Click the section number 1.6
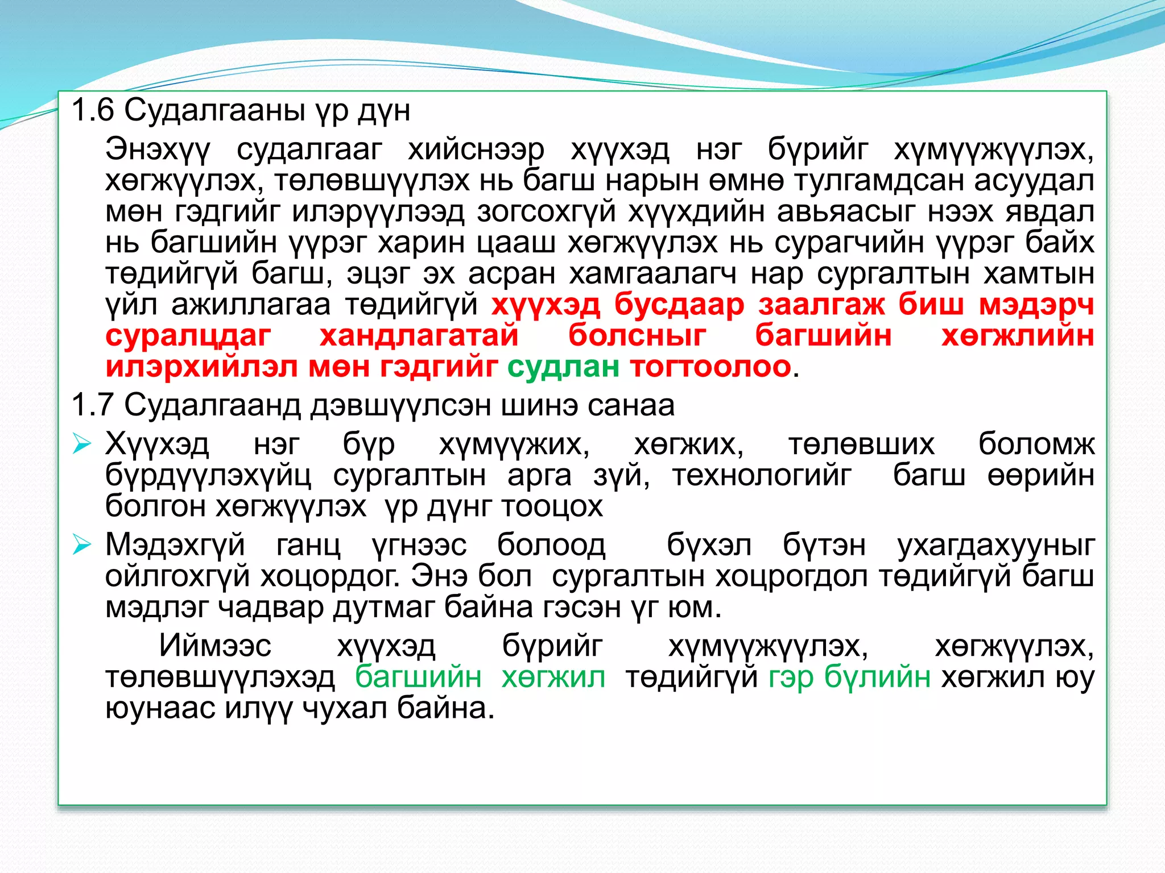(x=93, y=110)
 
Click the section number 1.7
(x=93, y=405)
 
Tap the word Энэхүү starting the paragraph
(x=158, y=150)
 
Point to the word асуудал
(x=1034, y=181)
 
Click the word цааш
(x=516, y=243)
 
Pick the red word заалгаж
(x=821, y=305)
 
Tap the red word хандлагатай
(x=419, y=335)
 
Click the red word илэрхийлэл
(x=201, y=367)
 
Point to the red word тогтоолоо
(x=710, y=367)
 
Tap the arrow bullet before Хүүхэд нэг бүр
(x=82, y=444)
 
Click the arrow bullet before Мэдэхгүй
(x=82, y=546)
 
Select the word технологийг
(x=762, y=475)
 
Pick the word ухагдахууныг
(x=995, y=546)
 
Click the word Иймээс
(x=215, y=646)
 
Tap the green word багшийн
(x=418, y=677)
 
